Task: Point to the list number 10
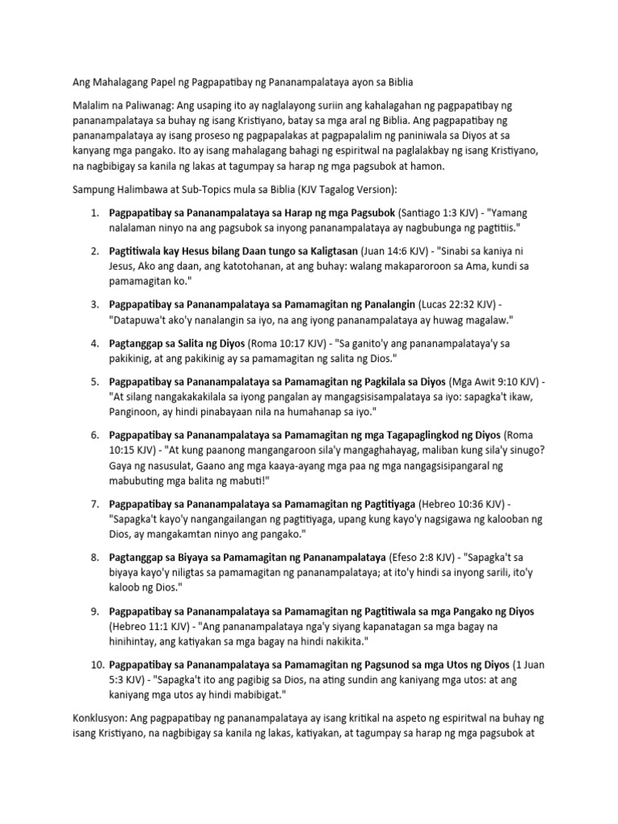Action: [x=92, y=665]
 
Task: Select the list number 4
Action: [x=94, y=343]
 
